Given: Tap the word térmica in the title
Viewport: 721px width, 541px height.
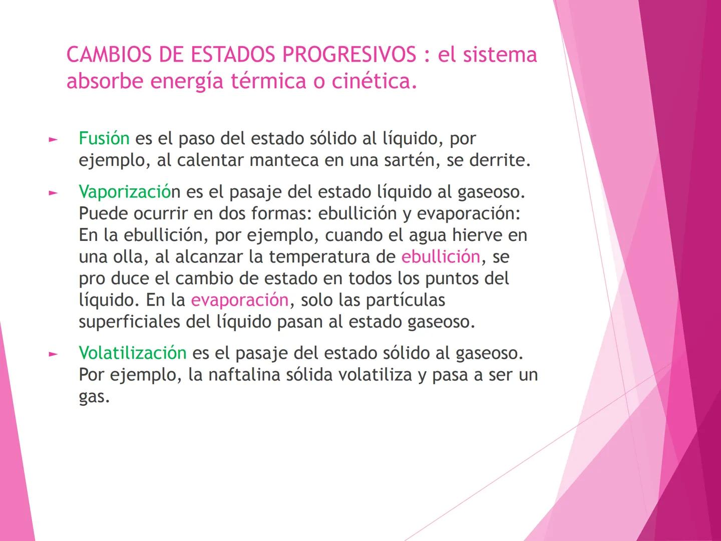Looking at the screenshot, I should click(268, 81).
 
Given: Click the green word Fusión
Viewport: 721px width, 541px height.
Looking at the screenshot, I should click(104, 138).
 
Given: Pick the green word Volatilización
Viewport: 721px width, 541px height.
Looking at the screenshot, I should click(132, 353).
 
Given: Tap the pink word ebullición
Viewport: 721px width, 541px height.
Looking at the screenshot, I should click(441, 256).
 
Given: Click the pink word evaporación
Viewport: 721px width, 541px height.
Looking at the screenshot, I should click(239, 300).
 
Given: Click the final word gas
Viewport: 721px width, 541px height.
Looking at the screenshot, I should click(94, 397).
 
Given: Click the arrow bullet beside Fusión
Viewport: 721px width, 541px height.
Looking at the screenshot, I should click(53, 139).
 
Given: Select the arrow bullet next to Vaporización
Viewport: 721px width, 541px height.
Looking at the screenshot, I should click(53, 193).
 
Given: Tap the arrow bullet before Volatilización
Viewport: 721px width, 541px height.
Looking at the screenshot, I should click(53, 354).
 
